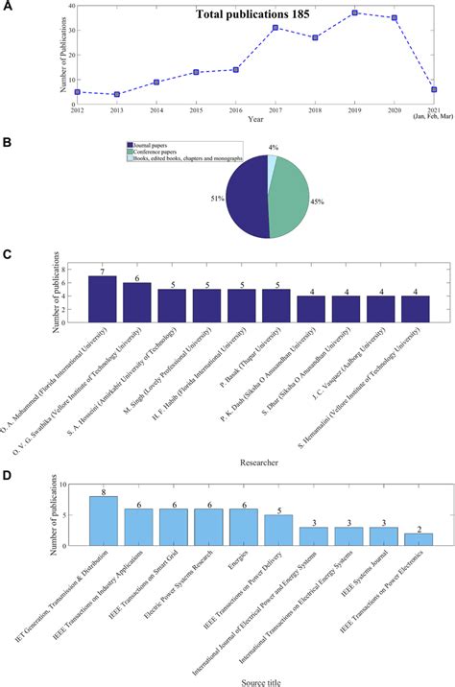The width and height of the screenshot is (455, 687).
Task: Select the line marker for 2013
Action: [116, 94]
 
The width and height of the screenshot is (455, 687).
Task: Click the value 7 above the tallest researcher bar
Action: [103, 270]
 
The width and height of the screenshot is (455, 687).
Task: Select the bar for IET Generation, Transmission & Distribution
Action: [103, 520]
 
